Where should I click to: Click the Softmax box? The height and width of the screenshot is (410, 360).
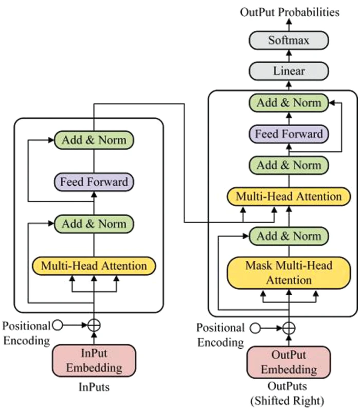[x=288, y=40]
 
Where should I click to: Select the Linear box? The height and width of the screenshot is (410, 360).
[x=288, y=71]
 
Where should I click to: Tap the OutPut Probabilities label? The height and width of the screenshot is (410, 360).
[x=290, y=12]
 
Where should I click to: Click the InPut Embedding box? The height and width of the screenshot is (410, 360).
[x=94, y=361]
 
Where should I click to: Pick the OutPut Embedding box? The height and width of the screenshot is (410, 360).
[x=289, y=363]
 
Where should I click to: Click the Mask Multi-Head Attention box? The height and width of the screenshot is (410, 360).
[x=289, y=273]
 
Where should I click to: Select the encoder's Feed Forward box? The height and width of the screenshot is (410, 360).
[x=94, y=182]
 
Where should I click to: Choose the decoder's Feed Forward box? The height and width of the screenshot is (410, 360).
[x=289, y=134]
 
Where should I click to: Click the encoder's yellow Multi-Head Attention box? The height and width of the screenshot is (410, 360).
[x=94, y=266]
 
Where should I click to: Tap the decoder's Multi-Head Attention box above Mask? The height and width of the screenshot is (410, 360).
[x=289, y=197]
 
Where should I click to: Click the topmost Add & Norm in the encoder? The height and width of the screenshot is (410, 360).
[x=94, y=140]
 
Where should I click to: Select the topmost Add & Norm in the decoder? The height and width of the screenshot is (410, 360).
[x=289, y=103]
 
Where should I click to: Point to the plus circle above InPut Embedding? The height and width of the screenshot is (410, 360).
[x=94, y=325]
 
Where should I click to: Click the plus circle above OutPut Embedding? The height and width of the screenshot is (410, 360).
[x=289, y=328]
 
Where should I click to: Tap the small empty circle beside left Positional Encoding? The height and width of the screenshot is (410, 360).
[x=58, y=325]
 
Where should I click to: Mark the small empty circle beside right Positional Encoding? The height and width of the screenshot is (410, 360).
[x=254, y=328]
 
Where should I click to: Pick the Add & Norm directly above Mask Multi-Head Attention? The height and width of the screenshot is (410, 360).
[x=289, y=237]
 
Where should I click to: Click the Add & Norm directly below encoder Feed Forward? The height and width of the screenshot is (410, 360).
[x=94, y=224]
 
